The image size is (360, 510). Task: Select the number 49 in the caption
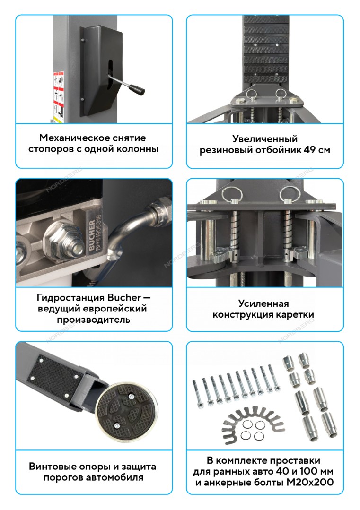(309, 150)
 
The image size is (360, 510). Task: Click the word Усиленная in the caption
(263, 303)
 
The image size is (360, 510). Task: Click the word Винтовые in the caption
(49, 467)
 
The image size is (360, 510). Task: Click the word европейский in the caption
(115, 309)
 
